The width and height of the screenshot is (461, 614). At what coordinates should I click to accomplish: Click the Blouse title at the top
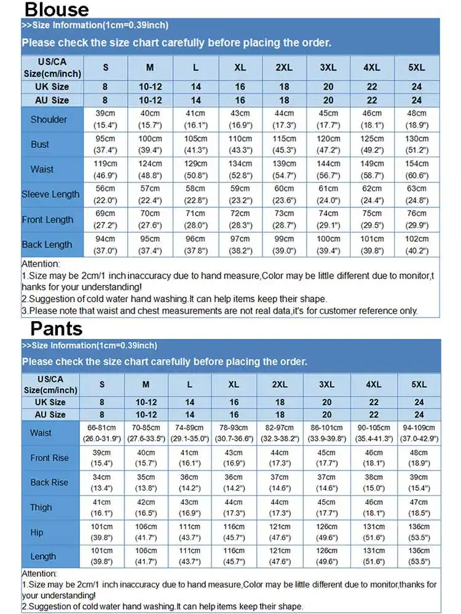[x=57, y=9]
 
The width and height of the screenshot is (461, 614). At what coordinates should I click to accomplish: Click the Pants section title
[x=57, y=328]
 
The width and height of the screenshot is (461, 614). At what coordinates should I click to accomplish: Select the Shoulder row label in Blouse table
[x=49, y=120]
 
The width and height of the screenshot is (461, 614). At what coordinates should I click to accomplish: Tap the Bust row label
[x=40, y=144]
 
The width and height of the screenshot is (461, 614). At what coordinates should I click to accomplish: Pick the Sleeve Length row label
[x=50, y=195]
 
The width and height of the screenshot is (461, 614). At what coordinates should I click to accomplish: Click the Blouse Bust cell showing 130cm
[x=417, y=144]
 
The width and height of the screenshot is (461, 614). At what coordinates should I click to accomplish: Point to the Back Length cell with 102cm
[x=417, y=244]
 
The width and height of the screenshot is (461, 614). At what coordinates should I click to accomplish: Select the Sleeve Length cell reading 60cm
[x=284, y=195]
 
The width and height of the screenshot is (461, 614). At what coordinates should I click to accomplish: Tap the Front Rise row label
[x=50, y=458]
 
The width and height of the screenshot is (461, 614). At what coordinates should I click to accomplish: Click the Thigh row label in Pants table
[x=41, y=508]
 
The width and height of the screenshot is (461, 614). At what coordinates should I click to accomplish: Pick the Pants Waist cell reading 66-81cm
[x=102, y=433]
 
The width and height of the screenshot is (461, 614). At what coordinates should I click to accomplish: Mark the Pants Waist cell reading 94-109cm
[x=419, y=433]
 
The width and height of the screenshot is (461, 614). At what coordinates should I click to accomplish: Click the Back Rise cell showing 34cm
[x=102, y=483]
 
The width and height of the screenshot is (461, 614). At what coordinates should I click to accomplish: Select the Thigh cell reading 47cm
[x=419, y=508]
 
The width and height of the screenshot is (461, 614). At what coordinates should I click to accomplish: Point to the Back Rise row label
[x=50, y=483]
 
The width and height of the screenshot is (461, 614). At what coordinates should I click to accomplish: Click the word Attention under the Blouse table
[x=41, y=263]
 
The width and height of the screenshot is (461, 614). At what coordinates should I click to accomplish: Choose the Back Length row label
[x=47, y=244]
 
